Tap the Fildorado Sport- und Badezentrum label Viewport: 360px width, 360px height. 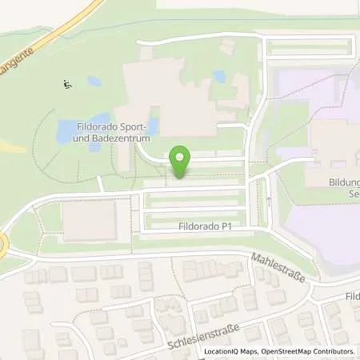click(x=103, y=130)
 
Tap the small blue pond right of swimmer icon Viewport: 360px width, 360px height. click(x=94, y=82)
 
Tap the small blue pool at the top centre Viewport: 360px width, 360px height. click(x=218, y=77)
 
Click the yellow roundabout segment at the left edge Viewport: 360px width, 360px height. click(x=2, y=244)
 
